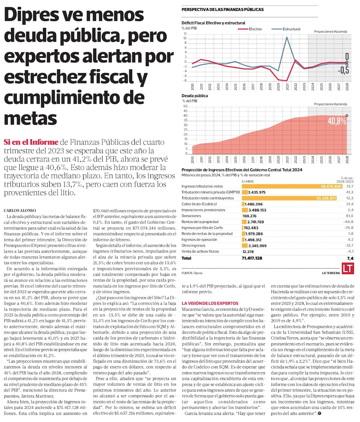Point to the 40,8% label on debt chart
336,121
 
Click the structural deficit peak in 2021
287,37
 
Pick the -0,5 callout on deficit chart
343,70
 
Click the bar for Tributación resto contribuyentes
291,198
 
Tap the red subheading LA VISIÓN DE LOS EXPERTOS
210,303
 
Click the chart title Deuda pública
195,96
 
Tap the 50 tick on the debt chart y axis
185,106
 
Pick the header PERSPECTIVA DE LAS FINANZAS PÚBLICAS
222,9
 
